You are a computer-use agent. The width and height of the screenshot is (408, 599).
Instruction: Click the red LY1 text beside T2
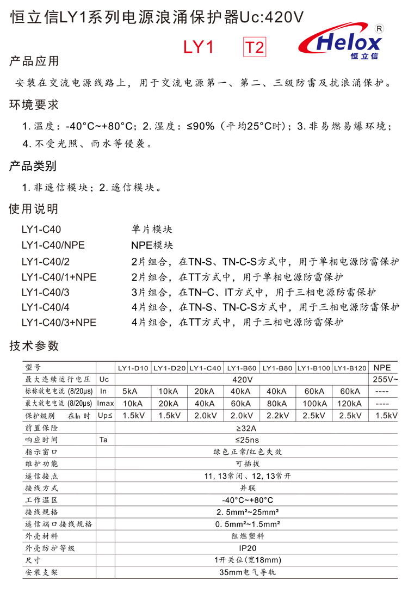click(x=198, y=47)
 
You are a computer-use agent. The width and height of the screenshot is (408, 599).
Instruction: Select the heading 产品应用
click(x=34, y=61)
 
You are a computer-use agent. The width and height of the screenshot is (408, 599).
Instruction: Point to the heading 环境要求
click(x=34, y=104)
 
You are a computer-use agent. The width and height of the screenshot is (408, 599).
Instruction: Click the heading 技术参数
click(x=34, y=345)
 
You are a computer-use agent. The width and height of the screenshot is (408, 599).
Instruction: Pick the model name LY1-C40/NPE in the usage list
click(x=53, y=245)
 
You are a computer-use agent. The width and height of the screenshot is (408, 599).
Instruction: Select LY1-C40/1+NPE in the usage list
click(x=59, y=277)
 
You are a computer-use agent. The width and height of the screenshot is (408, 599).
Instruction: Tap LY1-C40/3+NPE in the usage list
click(x=59, y=322)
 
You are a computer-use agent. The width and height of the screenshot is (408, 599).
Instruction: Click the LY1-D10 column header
click(x=133, y=368)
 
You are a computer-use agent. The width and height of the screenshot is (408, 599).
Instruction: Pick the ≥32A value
click(x=242, y=428)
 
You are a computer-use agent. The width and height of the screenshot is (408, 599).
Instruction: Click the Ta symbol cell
click(x=103, y=440)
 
